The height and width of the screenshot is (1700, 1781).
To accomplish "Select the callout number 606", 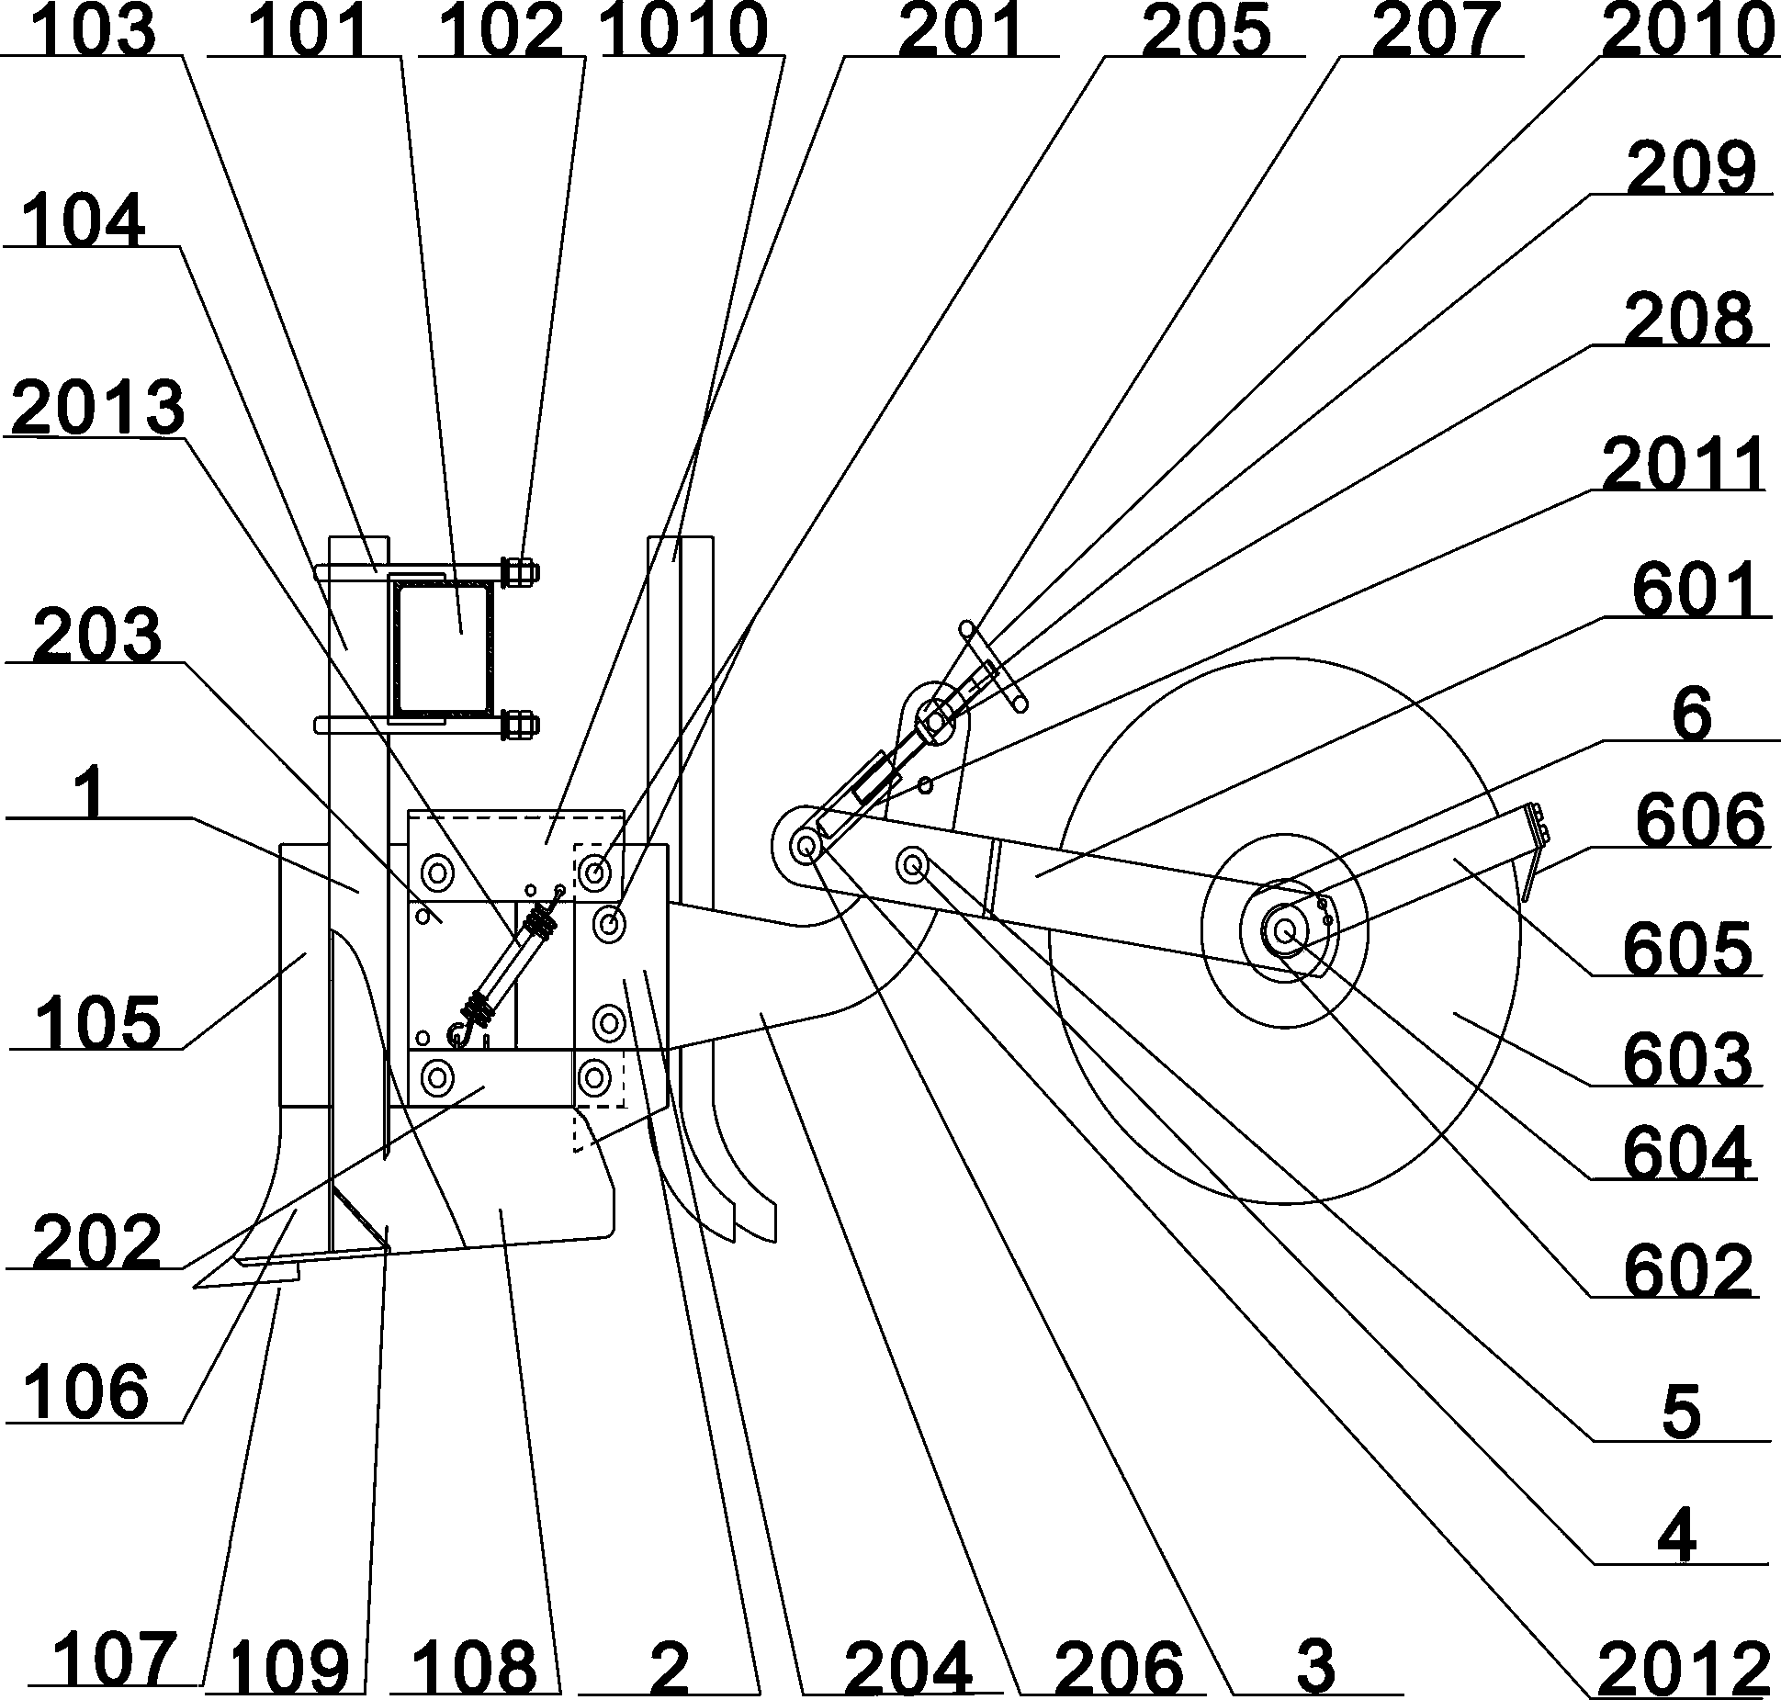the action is pyautogui.click(x=1699, y=819).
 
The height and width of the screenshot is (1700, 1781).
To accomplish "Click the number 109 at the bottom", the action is pyautogui.click(x=290, y=1667).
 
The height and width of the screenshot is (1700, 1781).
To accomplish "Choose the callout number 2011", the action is pyautogui.click(x=1683, y=466).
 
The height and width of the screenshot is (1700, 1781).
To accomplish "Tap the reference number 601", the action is pyautogui.click(x=1698, y=591).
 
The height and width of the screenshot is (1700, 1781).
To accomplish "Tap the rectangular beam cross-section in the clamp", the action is pyautogui.click(x=444, y=647).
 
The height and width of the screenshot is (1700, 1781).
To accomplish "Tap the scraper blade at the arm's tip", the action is pyautogui.click(x=1531, y=851).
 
